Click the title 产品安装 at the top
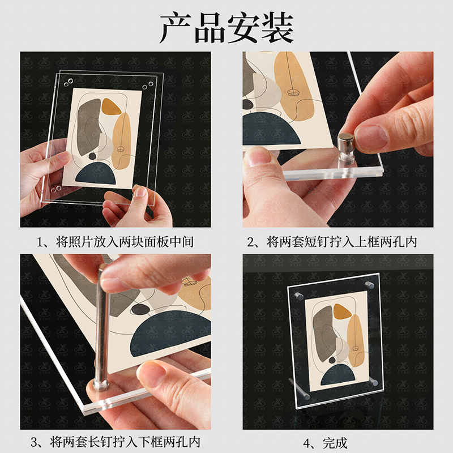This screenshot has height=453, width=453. pyautogui.click(x=226, y=27)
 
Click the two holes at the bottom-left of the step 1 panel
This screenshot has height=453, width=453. pyautogui.click(x=55, y=187)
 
